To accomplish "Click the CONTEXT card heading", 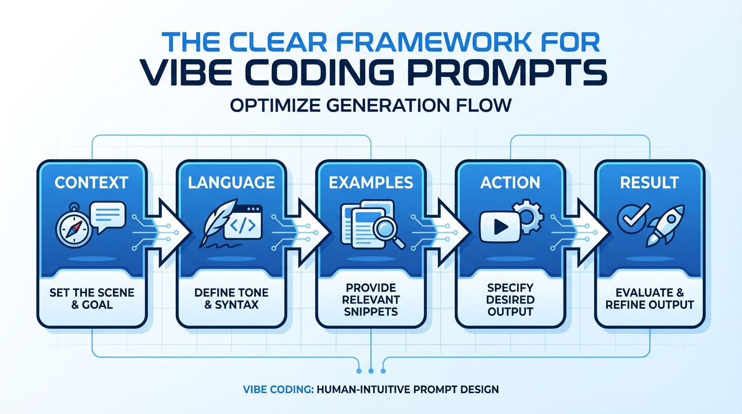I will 91,182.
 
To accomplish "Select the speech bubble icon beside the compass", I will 107,216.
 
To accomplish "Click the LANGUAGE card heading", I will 231,182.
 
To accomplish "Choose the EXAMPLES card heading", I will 370,182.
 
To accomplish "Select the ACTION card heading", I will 510,182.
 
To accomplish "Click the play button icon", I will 499,226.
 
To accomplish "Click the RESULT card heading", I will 649,182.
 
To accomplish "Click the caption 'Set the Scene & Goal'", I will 91,299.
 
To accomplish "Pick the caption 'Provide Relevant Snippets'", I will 370,299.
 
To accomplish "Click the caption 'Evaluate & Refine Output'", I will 649,299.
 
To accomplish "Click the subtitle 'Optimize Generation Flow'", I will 370,105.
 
